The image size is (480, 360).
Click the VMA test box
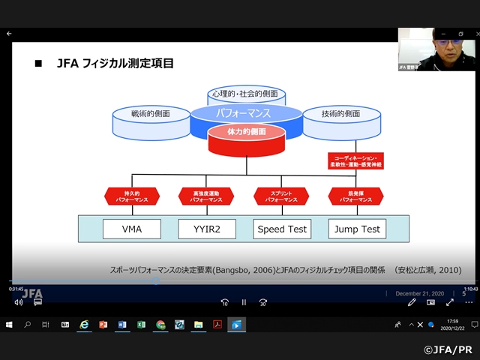click(x=132, y=229)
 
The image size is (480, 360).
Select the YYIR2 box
click(x=207, y=229)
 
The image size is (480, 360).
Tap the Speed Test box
click(x=281, y=229)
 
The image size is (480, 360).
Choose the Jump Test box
click(x=355, y=229)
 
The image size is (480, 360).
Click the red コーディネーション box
click(x=355, y=160)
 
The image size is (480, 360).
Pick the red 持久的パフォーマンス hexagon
click(x=132, y=196)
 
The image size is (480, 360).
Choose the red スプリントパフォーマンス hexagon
click(x=281, y=196)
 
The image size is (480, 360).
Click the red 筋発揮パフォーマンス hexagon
click(x=355, y=196)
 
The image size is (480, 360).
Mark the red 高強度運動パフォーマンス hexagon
click(x=207, y=196)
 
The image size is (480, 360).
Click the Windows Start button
click(x=10, y=325)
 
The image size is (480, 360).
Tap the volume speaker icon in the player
click(x=19, y=302)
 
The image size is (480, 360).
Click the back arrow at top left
click(x=9, y=34)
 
